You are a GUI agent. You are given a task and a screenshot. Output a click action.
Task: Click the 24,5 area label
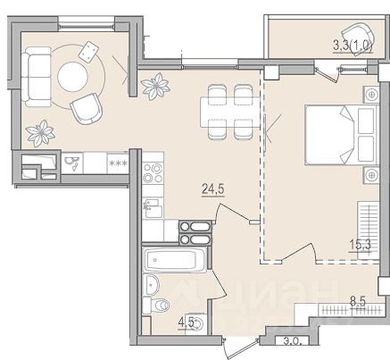click(213, 188)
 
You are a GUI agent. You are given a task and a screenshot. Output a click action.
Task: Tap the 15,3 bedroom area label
click(360, 246)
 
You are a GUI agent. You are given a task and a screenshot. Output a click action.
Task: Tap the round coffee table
click(72, 77)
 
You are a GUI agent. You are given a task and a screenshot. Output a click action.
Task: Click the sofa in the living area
click(37, 77)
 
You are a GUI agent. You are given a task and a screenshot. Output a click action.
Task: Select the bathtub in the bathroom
click(174, 260)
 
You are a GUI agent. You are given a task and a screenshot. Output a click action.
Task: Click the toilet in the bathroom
click(156, 306)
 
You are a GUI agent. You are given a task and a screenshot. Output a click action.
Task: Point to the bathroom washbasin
click(152, 285)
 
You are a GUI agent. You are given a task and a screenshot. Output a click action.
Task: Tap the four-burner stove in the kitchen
click(153, 173)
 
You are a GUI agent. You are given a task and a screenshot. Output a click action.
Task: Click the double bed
click(341, 134)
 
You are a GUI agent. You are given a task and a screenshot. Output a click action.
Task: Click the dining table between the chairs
click(230, 113)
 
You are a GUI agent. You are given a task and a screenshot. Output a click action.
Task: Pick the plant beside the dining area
click(155, 86)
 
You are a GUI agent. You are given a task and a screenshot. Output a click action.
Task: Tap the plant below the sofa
click(40, 133)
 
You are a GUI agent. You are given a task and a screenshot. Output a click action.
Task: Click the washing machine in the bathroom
click(196, 322)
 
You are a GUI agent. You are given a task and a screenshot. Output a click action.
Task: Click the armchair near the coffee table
click(87, 109)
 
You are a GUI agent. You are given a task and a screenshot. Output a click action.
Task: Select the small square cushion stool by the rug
click(88, 52)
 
